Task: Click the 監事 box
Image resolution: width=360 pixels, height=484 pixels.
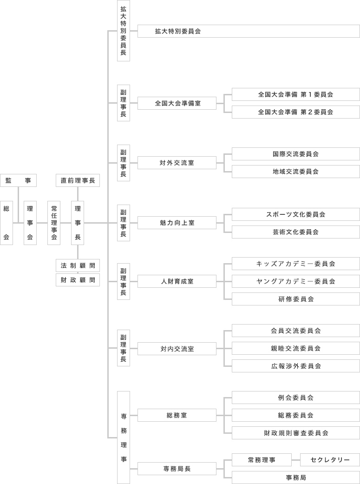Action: click(18, 180)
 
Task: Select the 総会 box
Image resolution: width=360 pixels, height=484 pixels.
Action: click(7, 223)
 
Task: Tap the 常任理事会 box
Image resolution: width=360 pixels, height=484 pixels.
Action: click(54, 223)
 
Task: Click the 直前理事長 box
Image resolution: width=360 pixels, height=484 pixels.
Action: click(78, 180)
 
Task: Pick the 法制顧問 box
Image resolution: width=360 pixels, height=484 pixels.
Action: click(78, 265)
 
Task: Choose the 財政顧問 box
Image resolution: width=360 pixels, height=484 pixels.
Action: click(78, 280)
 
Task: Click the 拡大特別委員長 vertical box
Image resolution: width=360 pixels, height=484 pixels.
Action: click(123, 31)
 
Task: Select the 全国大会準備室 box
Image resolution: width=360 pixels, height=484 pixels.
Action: click(177, 103)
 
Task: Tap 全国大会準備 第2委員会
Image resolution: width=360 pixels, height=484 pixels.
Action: click(295, 112)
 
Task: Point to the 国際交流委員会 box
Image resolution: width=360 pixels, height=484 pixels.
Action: click(295, 154)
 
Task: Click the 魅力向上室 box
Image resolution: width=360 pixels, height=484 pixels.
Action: click(177, 223)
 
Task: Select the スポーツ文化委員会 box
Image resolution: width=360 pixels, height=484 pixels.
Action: click(295, 214)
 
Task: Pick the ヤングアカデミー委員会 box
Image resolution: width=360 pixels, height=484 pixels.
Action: click(295, 281)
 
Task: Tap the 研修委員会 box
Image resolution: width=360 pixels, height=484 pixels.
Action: click(295, 299)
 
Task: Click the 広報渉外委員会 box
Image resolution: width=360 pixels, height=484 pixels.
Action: click(295, 366)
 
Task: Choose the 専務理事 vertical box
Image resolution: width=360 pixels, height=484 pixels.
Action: click(123, 437)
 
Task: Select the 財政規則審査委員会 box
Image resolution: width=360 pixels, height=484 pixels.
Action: click(295, 433)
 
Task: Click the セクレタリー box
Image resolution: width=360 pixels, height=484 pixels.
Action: click(330, 460)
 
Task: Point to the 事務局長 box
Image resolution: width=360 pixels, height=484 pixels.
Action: click(177, 469)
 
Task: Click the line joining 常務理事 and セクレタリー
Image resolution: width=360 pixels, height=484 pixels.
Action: click(296, 460)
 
